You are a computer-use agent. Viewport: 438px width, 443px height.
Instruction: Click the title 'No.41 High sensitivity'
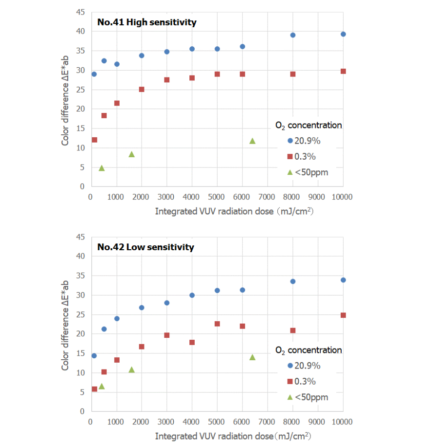click(x=146, y=22)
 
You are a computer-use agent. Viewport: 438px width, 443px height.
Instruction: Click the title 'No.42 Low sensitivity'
click(x=146, y=247)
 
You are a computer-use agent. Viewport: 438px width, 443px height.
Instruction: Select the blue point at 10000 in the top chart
click(x=343, y=34)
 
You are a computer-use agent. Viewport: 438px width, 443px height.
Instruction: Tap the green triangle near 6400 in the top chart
click(x=252, y=141)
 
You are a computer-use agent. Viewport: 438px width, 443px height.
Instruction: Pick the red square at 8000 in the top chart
click(x=293, y=74)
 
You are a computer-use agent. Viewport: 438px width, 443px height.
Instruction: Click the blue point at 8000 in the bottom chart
click(x=293, y=281)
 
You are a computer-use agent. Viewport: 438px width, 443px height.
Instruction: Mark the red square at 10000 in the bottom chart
click(x=343, y=315)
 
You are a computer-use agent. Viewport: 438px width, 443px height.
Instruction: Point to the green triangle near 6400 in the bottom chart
click(x=252, y=357)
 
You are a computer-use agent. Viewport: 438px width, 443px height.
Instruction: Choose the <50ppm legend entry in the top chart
click(x=311, y=172)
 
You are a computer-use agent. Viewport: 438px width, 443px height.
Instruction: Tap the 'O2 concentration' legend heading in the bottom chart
click(x=309, y=350)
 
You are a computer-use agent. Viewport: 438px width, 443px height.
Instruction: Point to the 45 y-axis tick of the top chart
click(x=81, y=12)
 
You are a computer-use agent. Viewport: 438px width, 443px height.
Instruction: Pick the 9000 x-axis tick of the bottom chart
click(x=318, y=422)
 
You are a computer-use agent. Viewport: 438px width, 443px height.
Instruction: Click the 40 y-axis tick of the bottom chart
click(x=81, y=256)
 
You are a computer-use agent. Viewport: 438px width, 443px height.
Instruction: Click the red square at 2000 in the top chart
click(x=142, y=89)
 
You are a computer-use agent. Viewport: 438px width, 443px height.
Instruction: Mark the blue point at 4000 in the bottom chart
click(x=192, y=295)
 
